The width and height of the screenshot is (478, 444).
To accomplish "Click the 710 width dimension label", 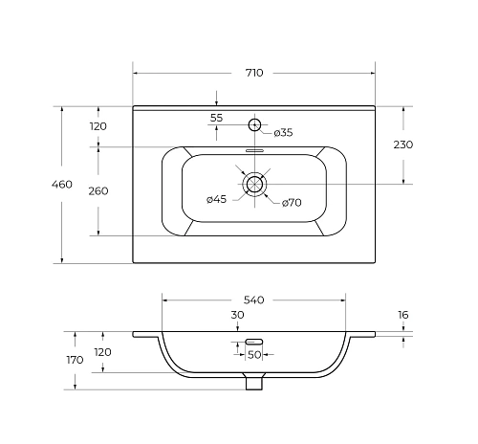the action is click(254, 73).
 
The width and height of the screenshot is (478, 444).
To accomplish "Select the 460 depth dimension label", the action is click(62, 185).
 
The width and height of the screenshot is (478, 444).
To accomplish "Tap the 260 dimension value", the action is click(98, 191).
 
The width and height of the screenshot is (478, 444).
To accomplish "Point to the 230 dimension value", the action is click(403, 144).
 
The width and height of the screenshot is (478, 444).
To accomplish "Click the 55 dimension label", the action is click(216, 118).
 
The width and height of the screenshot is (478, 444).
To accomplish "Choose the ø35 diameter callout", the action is click(283, 133).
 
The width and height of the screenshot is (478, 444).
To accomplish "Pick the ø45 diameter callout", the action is click(216, 199).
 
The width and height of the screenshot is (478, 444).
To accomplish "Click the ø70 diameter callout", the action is click(292, 203).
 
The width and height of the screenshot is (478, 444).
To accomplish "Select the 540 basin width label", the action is click(254, 300).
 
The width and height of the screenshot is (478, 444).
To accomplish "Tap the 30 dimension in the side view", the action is click(237, 315).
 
